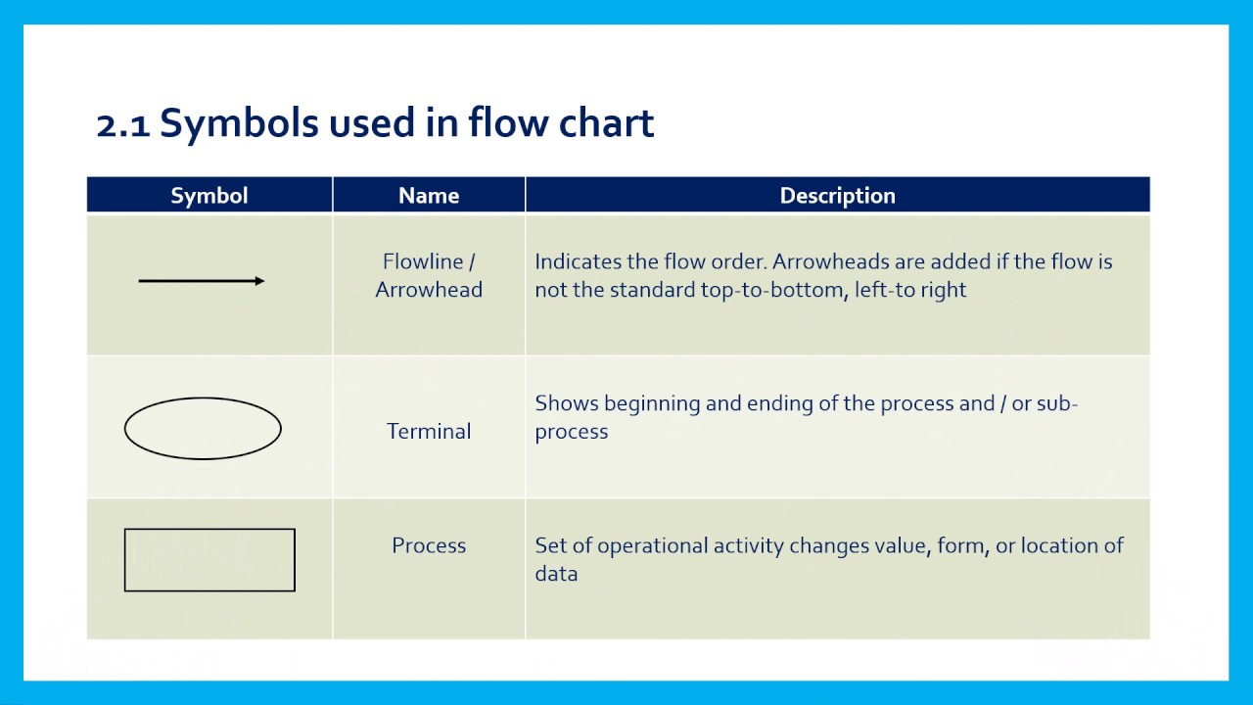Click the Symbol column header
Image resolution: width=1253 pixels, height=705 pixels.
[x=209, y=196]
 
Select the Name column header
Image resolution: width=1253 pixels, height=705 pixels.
[x=429, y=196]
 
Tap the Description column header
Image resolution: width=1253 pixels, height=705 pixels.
[x=837, y=196]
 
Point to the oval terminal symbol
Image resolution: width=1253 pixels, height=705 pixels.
[x=203, y=429]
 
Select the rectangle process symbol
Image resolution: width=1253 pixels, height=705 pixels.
[x=209, y=560]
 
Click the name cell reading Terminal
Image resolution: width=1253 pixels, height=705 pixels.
[x=429, y=432]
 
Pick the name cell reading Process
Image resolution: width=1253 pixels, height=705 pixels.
[x=429, y=546]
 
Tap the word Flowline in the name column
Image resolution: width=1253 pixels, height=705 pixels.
[x=423, y=262]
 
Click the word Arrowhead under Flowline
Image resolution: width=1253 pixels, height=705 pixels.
[x=429, y=291]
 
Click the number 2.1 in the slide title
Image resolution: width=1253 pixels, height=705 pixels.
[x=122, y=124]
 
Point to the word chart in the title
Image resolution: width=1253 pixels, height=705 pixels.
[x=606, y=124]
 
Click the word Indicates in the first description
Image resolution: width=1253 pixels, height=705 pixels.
[x=576, y=262]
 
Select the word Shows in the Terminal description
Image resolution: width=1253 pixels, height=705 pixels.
[x=567, y=403]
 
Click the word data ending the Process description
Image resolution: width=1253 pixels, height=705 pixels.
[x=556, y=575]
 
